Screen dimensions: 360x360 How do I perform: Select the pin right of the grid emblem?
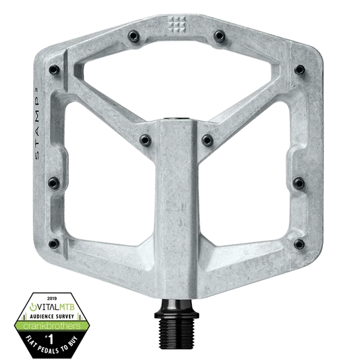(x=217, y=36)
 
